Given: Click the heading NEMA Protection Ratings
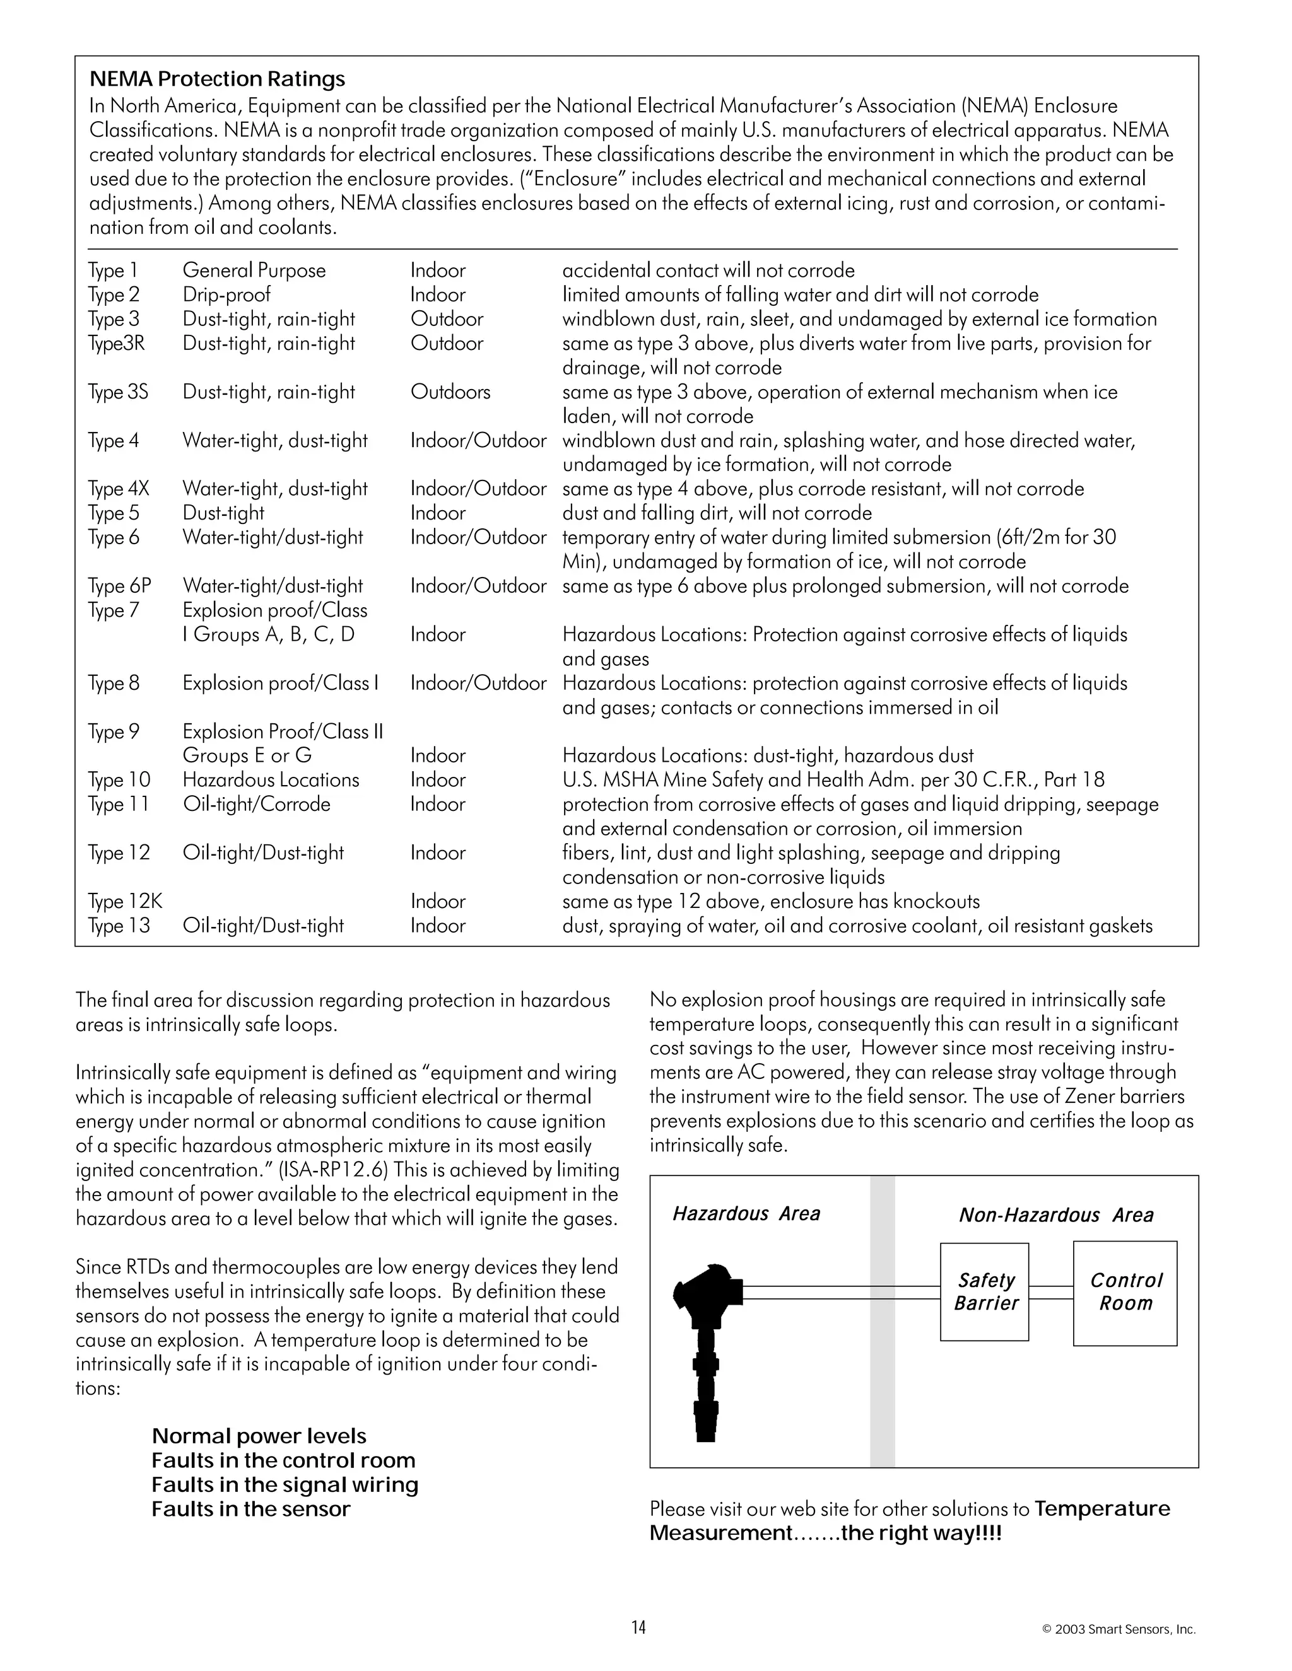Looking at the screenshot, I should [218, 79].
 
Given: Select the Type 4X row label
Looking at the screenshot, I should [119, 489].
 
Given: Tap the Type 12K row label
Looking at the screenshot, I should [125, 901].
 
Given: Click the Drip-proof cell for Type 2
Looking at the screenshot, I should [226, 294].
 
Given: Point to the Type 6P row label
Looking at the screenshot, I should [119, 586].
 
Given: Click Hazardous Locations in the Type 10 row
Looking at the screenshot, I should [271, 779].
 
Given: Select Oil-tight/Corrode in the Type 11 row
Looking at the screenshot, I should [256, 804].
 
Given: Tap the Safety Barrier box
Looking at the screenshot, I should [984, 1291].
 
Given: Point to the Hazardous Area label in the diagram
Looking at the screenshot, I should [746, 1213].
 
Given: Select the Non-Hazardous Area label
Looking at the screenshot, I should [1055, 1215].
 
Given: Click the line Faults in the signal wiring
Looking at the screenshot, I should [285, 1485].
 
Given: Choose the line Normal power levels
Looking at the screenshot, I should [259, 1436].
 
